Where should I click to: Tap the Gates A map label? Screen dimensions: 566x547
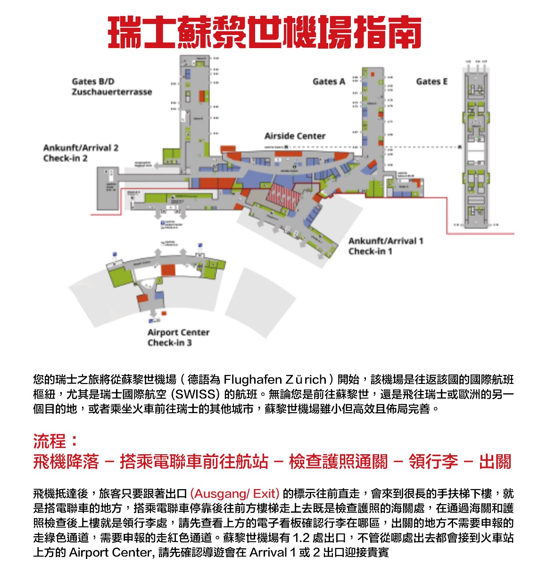pyautogui.click(x=329, y=82)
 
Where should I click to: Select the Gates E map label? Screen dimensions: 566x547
pyautogui.click(x=431, y=82)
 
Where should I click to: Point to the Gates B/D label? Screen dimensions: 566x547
pyautogui.click(x=93, y=82)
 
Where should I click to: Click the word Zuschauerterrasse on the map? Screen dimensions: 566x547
pyautogui.click(x=112, y=92)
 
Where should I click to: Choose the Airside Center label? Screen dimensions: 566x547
pyautogui.click(x=295, y=136)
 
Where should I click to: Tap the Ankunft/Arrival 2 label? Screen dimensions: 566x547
pyautogui.click(x=81, y=148)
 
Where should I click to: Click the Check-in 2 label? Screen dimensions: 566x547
pyautogui.click(x=65, y=158)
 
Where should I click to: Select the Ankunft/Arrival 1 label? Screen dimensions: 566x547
pyautogui.click(x=386, y=241)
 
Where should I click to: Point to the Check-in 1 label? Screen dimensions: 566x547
pyautogui.click(x=370, y=251)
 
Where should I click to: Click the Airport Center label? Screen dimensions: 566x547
pyautogui.click(x=178, y=332)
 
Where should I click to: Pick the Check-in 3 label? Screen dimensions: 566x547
pyautogui.click(x=169, y=343)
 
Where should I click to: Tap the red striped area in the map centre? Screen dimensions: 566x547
pyautogui.click(x=283, y=196)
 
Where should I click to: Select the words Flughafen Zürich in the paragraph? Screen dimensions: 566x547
pyautogui.click(x=275, y=380)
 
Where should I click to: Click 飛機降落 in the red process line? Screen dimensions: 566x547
pyautogui.click(x=66, y=461)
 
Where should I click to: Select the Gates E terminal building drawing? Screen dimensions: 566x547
pyautogui.click(x=475, y=146)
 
